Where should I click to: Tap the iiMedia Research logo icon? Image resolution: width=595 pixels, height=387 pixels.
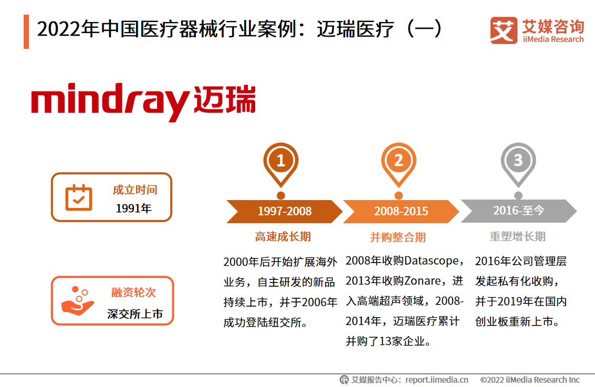(503, 30)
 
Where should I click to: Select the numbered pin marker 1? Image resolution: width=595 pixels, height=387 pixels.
(281, 161)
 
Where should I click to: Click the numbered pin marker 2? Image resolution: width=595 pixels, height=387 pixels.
(399, 161)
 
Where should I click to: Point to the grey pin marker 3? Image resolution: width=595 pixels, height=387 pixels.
(518, 161)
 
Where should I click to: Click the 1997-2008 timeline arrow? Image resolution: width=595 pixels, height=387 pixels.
(284, 211)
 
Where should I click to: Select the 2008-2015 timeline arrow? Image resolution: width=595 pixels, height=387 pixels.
(401, 211)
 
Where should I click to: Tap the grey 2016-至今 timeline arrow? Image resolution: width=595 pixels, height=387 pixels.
(518, 211)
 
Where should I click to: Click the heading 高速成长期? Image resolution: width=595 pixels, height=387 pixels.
(283, 237)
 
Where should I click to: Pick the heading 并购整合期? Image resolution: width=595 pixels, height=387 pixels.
(398, 237)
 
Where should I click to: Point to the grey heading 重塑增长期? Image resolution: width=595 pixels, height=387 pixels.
(517, 237)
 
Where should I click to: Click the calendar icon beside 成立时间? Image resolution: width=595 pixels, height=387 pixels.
(79, 197)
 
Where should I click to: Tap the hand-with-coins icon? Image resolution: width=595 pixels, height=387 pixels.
(78, 300)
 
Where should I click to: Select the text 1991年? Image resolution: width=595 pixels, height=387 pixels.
(134, 208)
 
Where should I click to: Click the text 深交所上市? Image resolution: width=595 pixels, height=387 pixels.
(135, 314)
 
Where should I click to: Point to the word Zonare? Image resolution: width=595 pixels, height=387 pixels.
(422, 281)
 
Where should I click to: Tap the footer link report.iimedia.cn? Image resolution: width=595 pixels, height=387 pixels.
(437, 380)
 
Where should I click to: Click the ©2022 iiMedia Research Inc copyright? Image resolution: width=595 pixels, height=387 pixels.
(530, 380)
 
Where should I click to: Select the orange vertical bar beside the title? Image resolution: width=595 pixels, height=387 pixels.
(26, 32)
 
